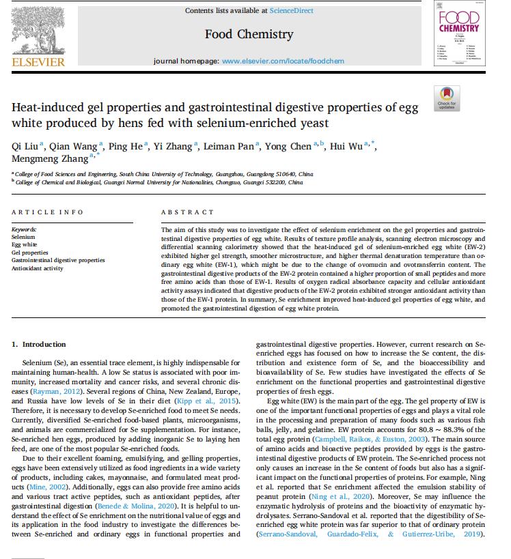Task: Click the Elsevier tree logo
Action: [39, 29]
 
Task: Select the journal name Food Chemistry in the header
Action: [249, 34]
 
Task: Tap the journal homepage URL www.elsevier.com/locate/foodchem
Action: [283, 61]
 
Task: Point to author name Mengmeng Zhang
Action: [50, 159]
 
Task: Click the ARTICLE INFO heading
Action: [47, 212]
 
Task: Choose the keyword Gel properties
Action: [30, 253]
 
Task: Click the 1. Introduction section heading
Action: [39, 344]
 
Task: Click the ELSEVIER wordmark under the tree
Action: [39, 62]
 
